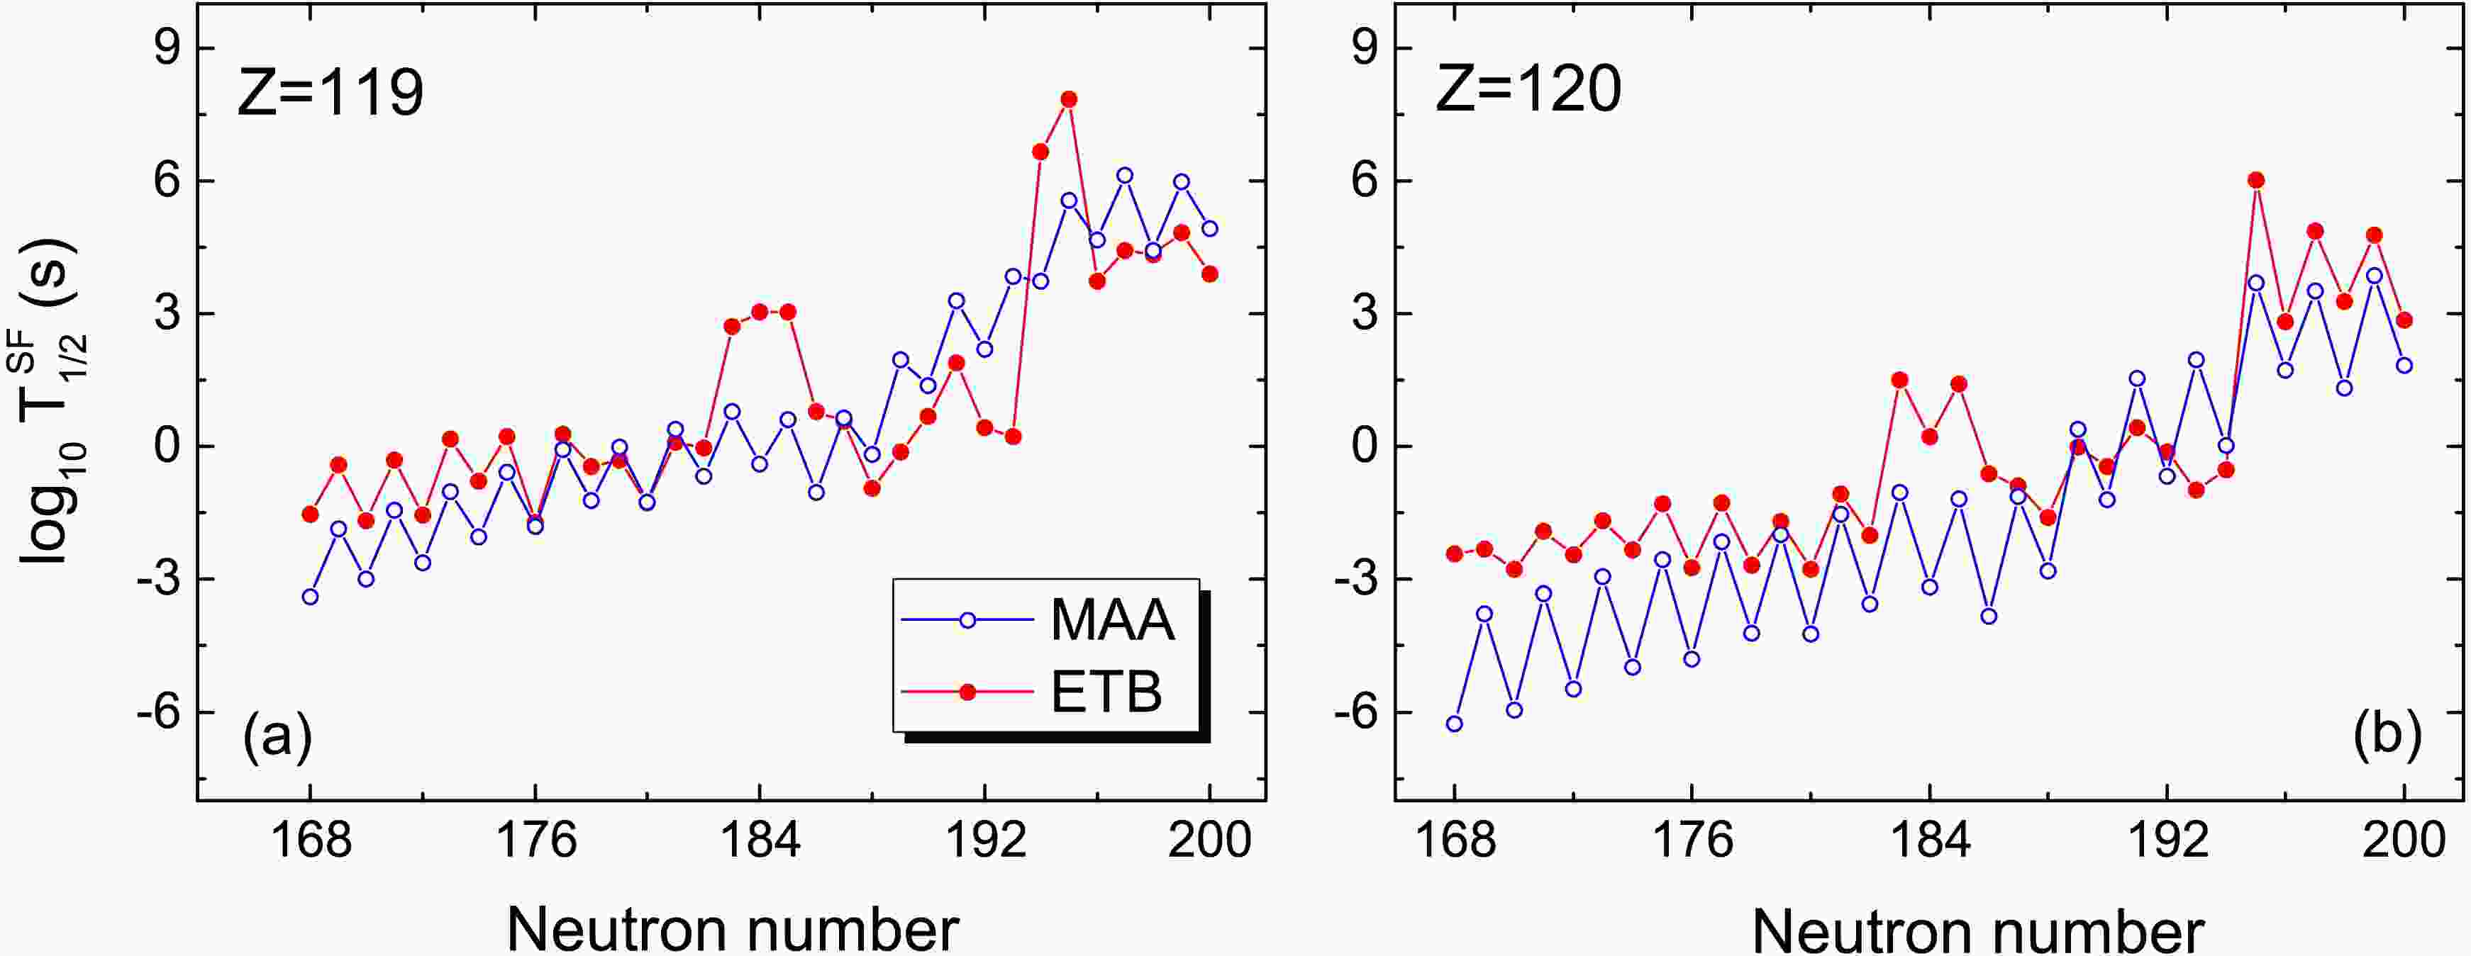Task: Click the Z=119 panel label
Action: coord(330,93)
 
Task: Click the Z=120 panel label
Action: coord(1528,89)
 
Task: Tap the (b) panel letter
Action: coord(2387,733)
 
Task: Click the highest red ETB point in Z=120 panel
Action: coord(2256,180)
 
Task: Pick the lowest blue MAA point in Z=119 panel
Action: coord(310,597)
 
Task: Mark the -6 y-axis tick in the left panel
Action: coord(156,712)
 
